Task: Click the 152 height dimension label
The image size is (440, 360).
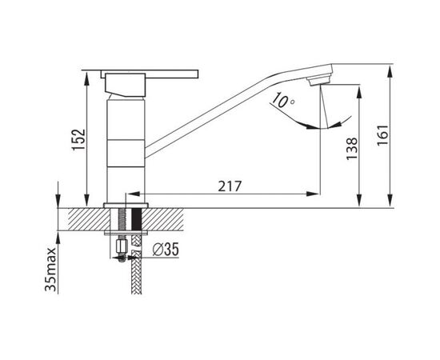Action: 78,139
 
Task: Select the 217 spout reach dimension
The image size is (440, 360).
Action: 230,186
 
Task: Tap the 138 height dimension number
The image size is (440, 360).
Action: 352,149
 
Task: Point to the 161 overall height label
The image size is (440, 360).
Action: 382,135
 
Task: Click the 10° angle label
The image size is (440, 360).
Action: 283,100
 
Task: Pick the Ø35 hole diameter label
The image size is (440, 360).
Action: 166,250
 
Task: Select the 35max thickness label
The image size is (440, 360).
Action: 50,270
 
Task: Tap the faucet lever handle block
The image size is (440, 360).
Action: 126,85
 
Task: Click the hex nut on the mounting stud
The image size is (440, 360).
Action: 122,246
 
